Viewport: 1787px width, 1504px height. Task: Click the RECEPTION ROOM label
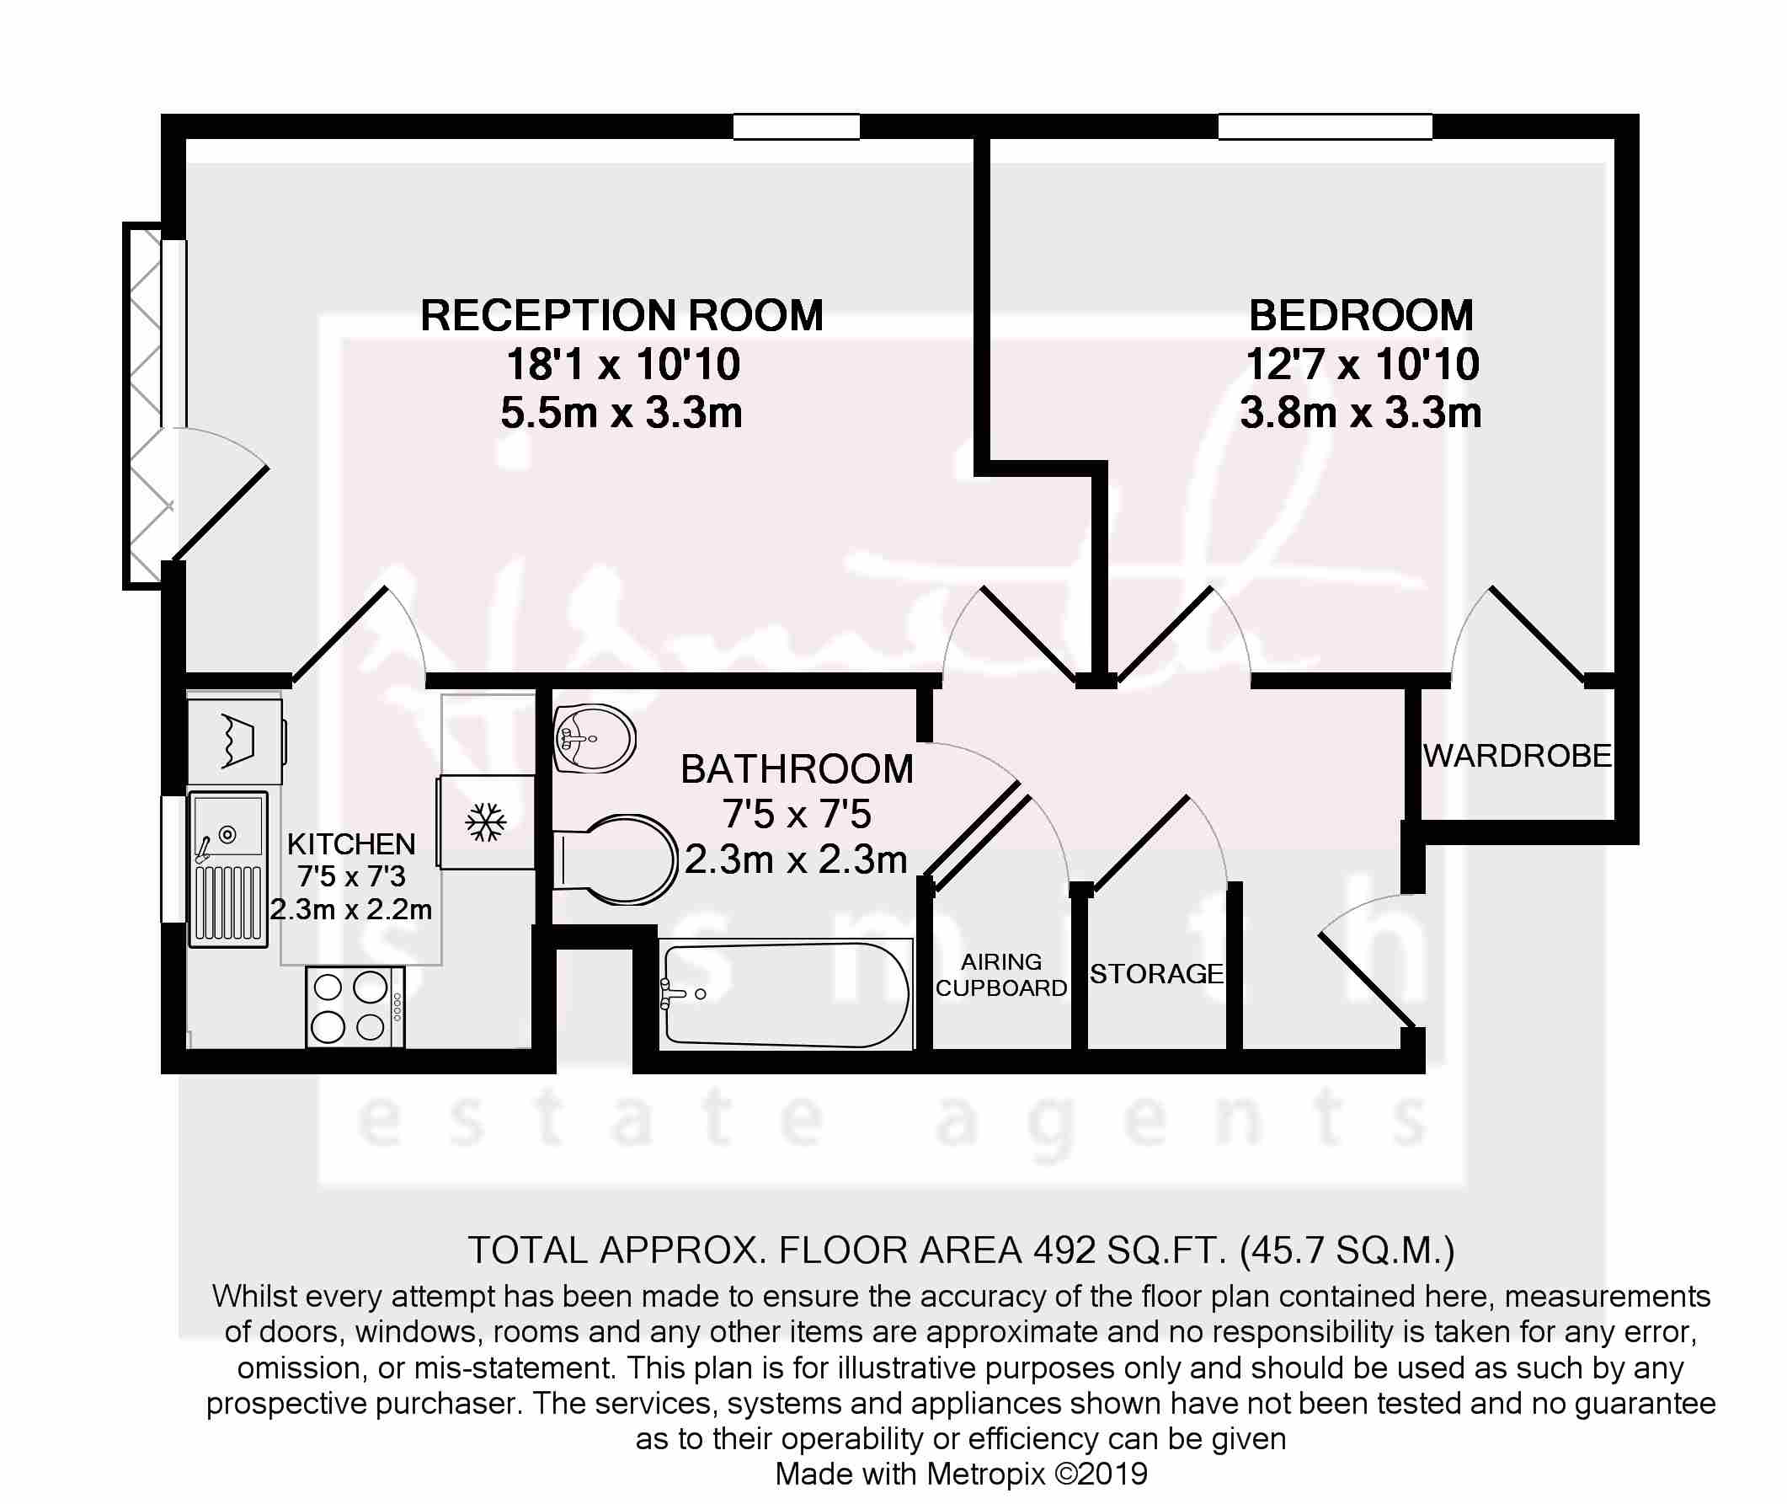tap(621, 315)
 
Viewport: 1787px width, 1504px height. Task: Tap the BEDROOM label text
tap(1361, 315)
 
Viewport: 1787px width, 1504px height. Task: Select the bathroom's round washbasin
tap(595, 736)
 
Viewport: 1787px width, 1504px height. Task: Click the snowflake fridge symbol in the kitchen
tap(486, 822)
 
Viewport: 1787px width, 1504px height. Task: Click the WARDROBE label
tap(1517, 757)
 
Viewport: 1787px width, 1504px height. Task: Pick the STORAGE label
tap(1156, 974)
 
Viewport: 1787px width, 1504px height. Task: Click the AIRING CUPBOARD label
tap(1001, 975)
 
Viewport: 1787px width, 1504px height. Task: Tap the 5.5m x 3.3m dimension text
tap(621, 414)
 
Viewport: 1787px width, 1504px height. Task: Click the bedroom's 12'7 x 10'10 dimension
tap(1362, 365)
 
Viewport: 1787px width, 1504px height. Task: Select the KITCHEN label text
tap(351, 844)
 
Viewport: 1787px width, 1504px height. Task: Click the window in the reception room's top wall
tap(796, 127)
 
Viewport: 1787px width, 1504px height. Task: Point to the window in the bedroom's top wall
tap(1325, 127)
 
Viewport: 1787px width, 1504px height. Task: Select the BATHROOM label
tap(797, 769)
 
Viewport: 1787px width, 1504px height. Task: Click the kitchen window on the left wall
tap(173, 859)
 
